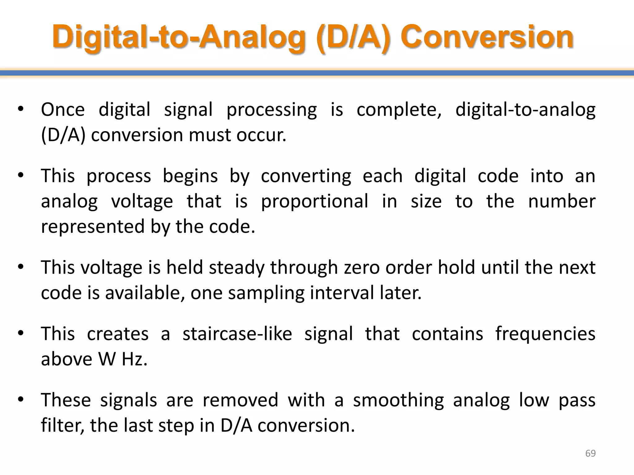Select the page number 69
point(590,453)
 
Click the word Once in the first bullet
point(63,109)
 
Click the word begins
point(190,176)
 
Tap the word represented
point(93,227)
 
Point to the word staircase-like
point(237,334)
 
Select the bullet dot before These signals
point(21,400)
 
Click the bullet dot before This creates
point(21,333)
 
